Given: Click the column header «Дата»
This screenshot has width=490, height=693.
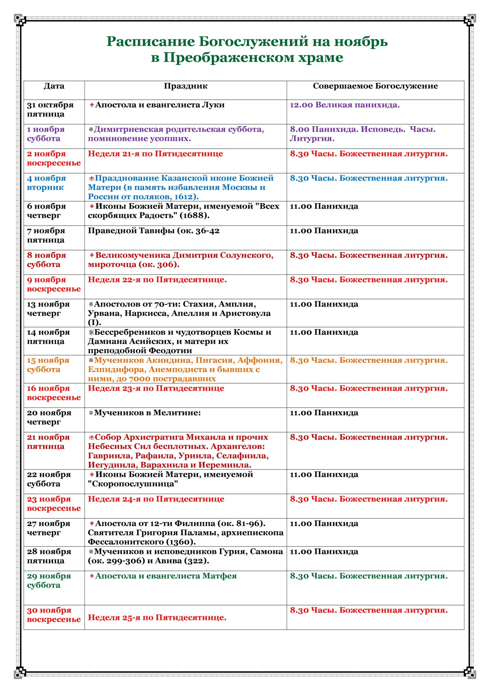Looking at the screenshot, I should click(54, 86).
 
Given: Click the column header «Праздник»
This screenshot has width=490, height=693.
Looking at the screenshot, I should click(185, 86).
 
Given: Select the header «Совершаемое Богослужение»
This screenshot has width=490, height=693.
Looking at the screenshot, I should click(375, 86).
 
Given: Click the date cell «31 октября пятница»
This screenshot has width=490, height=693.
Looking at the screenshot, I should click(50, 109).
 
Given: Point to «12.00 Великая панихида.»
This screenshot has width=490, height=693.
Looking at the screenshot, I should click(344, 105).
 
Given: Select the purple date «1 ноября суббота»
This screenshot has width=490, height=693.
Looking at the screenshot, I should click(46, 134).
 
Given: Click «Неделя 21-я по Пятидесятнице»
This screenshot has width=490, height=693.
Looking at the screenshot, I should click(155, 154).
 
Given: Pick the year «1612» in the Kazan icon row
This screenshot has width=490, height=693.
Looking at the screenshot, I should click(184, 197).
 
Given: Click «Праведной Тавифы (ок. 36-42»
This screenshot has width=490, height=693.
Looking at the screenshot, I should click(154, 231).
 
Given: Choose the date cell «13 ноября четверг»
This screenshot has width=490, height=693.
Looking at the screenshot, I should click(48, 309).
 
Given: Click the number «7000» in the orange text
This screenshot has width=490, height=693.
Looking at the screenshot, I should click(137, 379).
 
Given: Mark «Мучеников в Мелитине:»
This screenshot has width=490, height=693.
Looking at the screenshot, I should click(147, 413).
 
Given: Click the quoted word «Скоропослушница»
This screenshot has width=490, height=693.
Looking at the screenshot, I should click(133, 484).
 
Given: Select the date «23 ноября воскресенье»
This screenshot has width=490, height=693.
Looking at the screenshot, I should click(54, 504).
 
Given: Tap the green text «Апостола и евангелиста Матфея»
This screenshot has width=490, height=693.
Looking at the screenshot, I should click(166, 576).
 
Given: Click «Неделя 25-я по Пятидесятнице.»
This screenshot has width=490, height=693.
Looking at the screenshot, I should click(157, 618).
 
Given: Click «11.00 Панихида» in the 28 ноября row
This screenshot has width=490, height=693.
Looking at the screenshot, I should click(324, 552).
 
